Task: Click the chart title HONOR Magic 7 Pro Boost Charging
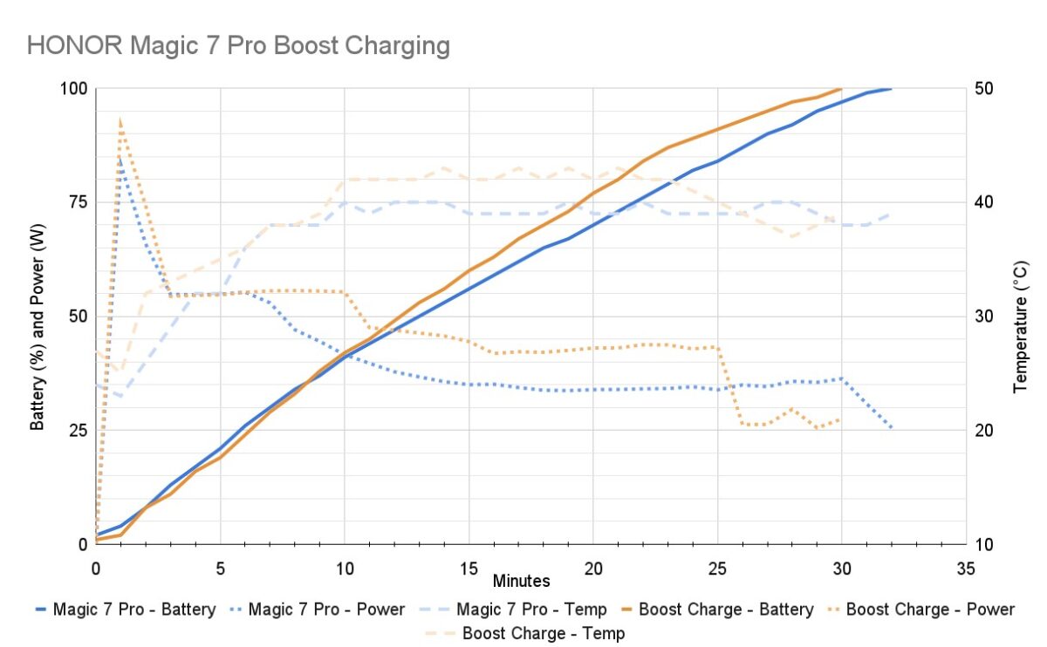pyautogui.click(x=238, y=45)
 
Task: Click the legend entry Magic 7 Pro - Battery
pyautogui.click(x=133, y=610)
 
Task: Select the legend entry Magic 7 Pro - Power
pyautogui.click(x=326, y=610)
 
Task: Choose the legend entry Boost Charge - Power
pyautogui.click(x=930, y=610)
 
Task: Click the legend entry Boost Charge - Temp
pyautogui.click(x=544, y=633)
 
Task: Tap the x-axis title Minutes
pyautogui.click(x=521, y=580)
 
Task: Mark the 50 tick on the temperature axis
pyautogui.click(x=983, y=89)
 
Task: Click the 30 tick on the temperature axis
pyautogui.click(x=983, y=317)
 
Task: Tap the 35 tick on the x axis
pyautogui.click(x=966, y=568)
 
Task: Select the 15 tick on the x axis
pyautogui.click(x=469, y=568)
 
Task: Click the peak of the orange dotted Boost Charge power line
pyautogui.click(x=120, y=119)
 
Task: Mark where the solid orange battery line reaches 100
pyautogui.click(x=841, y=88)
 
